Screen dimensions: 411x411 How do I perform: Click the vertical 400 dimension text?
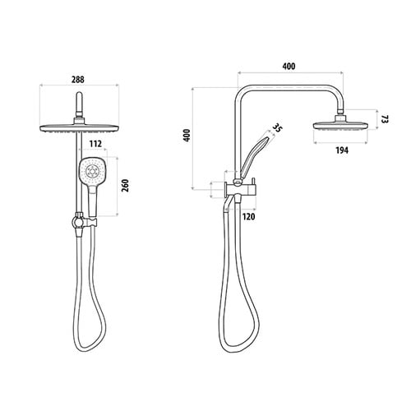coord(187,136)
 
